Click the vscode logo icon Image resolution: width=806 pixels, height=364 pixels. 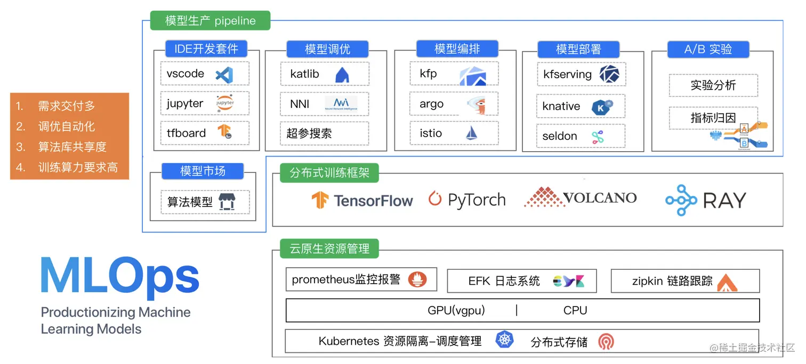point(224,75)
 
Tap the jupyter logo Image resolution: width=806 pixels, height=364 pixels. point(224,103)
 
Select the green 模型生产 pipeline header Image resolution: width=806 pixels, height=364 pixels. point(210,21)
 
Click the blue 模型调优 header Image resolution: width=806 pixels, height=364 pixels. point(327,49)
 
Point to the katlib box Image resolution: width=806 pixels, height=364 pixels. point(325,75)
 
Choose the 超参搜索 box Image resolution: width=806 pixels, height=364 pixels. point(324,133)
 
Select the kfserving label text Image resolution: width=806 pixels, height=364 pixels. point(567,75)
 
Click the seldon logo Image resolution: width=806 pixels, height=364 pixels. point(598,137)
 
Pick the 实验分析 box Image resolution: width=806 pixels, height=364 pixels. point(713,85)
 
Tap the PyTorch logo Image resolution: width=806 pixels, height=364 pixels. point(467,200)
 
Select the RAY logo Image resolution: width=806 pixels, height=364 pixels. point(706,200)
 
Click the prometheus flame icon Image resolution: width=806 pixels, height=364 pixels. point(417,279)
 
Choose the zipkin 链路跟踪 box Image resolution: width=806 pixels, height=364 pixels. point(684,281)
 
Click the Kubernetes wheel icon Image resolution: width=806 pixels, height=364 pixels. point(504,340)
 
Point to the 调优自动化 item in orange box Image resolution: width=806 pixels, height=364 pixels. point(66,126)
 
